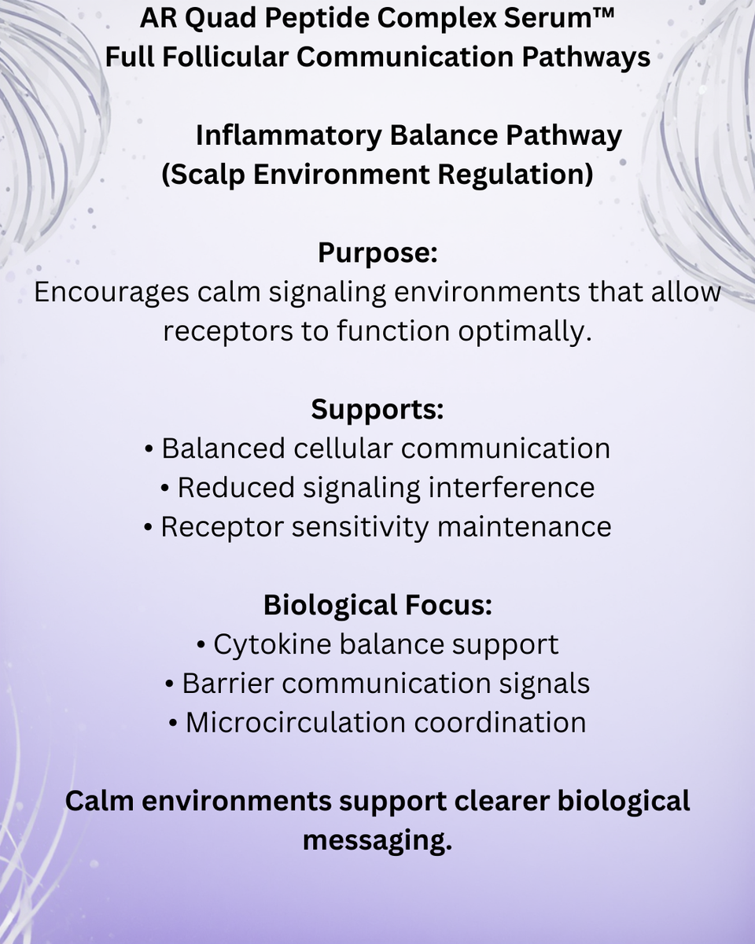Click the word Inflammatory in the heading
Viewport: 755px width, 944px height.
[289, 135]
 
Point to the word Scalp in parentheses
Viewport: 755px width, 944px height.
[203, 175]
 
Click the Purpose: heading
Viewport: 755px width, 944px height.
[377, 253]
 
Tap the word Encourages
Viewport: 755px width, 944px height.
[112, 292]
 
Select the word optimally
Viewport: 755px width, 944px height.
[525, 331]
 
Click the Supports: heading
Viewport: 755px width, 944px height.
[377, 409]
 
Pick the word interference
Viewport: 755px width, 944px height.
[511, 488]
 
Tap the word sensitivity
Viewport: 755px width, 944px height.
[360, 527]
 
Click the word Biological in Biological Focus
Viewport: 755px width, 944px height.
[330, 606]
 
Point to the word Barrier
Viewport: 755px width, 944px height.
[228, 684]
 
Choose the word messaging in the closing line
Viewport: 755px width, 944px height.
[377, 839]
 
